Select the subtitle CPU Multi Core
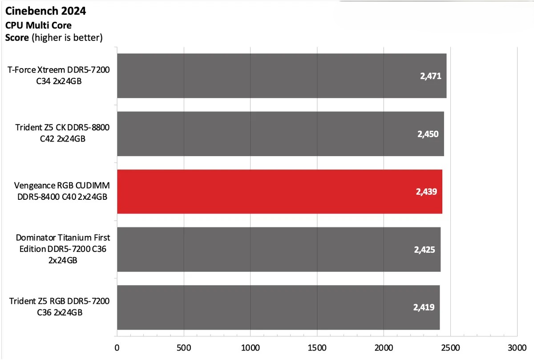[x=38, y=25]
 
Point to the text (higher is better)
[x=67, y=37]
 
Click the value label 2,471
[x=430, y=76]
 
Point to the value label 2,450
[x=428, y=134]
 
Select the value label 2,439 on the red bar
[x=426, y=192]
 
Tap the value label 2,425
[x=425, y=250]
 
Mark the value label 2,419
[x=424, y=307]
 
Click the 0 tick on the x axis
[x=117, y=347]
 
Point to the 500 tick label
[x=183, y=347]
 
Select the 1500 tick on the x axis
[x=317, y=347]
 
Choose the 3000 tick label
[x=517, y=347]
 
